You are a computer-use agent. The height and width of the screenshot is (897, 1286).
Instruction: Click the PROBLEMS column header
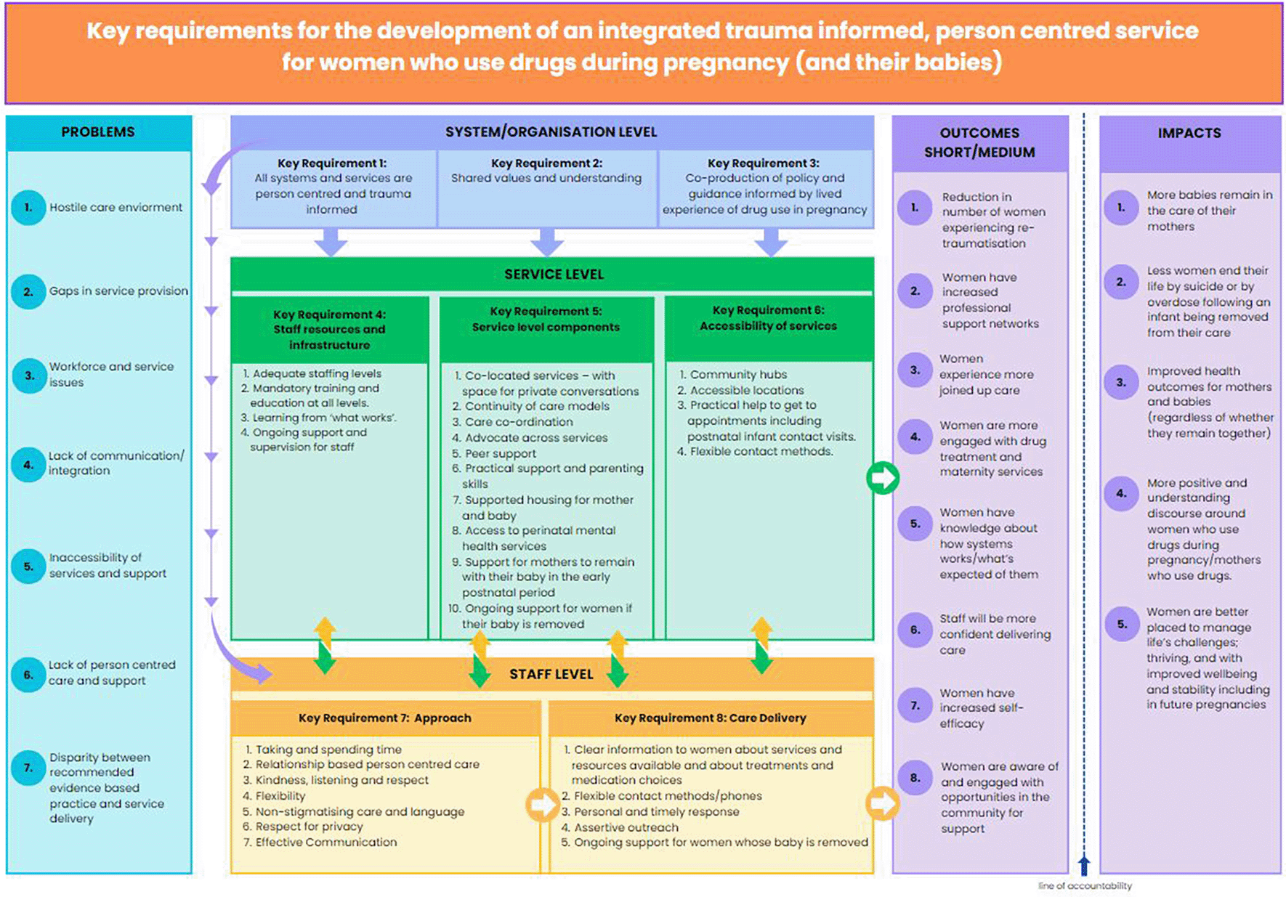coord(98,132)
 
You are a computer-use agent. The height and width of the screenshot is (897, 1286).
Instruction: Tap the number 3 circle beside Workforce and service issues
coord(29,376)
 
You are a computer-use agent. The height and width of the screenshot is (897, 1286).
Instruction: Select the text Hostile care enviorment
coord(116,207)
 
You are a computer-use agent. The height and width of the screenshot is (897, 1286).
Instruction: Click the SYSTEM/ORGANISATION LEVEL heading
coord(551,132)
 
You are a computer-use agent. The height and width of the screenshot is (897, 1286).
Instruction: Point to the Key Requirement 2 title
coord(546,163)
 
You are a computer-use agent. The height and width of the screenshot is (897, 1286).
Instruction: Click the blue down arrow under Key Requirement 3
coord(771,242)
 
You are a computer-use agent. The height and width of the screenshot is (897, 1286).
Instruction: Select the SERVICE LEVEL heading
coord(554,275)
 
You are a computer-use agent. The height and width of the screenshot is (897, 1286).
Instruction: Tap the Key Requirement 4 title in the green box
coord(329,329)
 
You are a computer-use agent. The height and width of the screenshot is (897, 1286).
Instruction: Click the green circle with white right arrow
coord(883,478)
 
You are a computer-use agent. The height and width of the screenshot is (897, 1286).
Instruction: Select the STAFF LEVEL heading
coord(551,675)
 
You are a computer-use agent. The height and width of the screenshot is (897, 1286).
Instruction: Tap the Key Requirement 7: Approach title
coord(384,718)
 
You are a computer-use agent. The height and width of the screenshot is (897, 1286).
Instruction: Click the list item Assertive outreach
coord(626,827)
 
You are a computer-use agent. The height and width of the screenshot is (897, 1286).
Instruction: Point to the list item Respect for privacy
coord(309,827)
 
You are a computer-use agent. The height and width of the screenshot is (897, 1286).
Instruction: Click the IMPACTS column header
coord(1189,134)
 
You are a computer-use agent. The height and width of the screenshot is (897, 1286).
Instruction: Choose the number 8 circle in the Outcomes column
coord(915,778)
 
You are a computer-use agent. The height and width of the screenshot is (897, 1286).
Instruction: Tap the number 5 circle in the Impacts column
coord(1121,624)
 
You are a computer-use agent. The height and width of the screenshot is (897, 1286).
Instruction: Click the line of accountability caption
coord(1084,886)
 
